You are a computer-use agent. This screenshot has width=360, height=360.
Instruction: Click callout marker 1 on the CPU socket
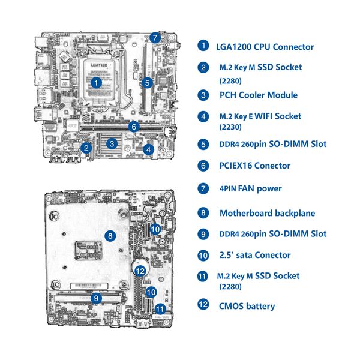[96, 82]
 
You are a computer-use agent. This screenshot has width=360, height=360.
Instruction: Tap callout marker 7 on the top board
[155, 37]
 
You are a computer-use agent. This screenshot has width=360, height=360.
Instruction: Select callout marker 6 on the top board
[134, 127]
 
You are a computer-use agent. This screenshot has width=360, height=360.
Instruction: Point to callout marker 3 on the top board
[112, 143]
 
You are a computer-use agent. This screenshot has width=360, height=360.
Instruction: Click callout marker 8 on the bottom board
[110, 236]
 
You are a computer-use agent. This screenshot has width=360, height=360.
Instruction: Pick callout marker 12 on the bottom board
[140, 271]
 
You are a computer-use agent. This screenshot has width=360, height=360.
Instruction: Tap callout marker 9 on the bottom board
[95, 297]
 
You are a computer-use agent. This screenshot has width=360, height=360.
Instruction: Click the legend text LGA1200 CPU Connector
[266, 46]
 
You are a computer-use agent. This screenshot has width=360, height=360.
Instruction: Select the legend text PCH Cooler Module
[258, 95]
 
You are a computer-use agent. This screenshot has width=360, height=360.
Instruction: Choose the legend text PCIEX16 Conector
[254, 166]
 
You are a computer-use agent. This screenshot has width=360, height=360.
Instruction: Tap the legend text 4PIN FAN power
[250, 188]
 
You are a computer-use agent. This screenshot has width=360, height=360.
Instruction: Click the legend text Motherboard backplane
[267, 213]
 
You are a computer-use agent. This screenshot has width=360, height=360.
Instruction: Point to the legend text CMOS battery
[247, 306]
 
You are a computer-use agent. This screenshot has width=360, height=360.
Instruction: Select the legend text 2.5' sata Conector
[254, 255]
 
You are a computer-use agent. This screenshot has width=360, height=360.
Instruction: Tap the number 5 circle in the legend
[204, 144]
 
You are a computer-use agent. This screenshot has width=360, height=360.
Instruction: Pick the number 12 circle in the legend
[204, 305]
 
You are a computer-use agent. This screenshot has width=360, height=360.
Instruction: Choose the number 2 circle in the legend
[204, 68]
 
